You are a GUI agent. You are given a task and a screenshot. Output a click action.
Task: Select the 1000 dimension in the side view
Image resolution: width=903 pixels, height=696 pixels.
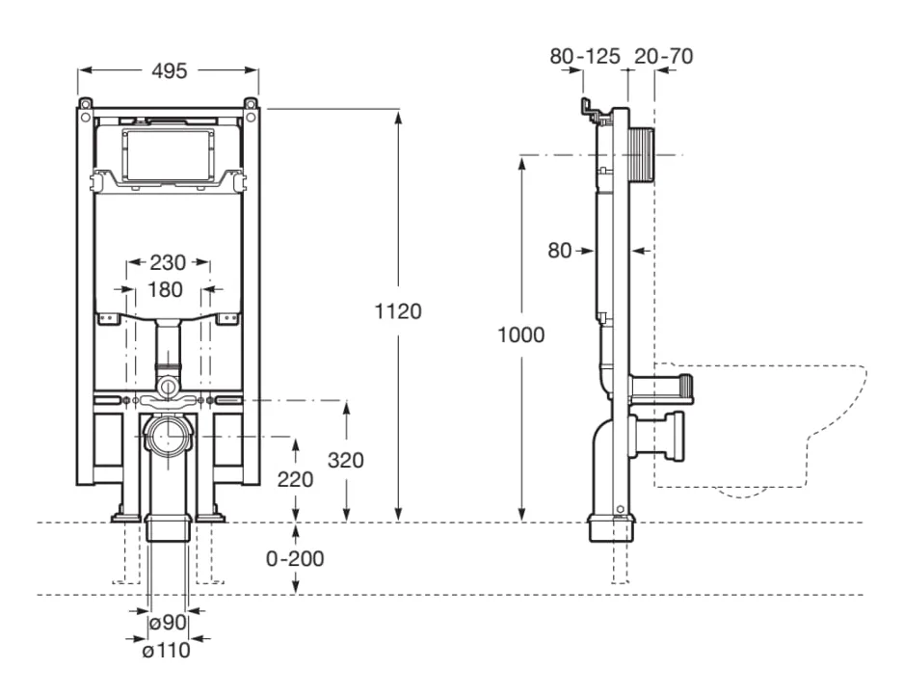[x=522, y=335]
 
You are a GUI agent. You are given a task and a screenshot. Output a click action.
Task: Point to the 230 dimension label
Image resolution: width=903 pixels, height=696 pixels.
[x=169, y=261]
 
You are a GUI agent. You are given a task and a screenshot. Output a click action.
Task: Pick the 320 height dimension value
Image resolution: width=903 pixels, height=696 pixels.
[x=345, y=460]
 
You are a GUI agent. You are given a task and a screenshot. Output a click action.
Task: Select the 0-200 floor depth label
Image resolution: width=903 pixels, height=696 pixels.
[x=296, y=558]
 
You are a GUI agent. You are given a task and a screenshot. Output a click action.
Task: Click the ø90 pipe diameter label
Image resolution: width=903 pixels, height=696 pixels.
[x=169, y=624]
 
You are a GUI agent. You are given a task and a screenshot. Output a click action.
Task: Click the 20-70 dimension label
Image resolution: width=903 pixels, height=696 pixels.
[x=663, y=57]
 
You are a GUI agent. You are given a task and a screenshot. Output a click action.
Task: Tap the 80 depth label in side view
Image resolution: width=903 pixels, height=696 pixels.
[x=560, y=251]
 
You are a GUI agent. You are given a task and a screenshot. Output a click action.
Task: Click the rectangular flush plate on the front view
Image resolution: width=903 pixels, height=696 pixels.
[x=169, y=152]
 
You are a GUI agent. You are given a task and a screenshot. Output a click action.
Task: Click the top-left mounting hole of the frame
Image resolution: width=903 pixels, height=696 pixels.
[x=86, y=103]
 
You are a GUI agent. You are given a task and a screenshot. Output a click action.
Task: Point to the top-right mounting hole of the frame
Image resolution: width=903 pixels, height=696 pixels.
[x=251, y=103]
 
